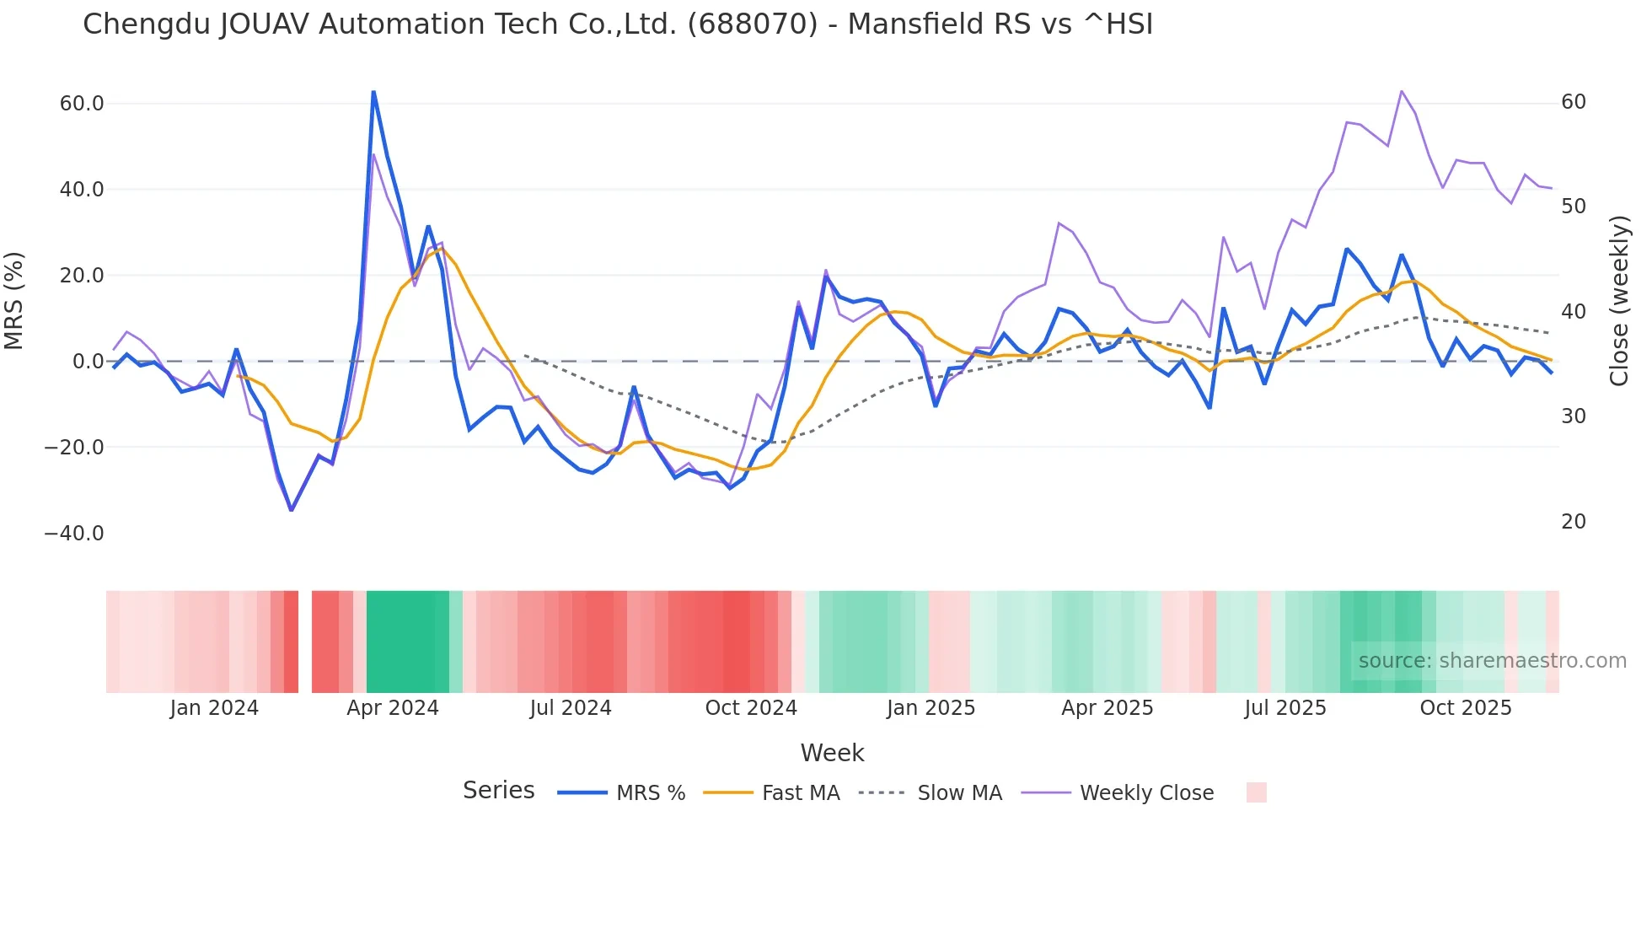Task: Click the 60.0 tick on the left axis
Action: [x=82, y=104]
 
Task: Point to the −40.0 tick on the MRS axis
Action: [x=74, y=534]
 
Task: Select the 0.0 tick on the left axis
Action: [x=88, y=362]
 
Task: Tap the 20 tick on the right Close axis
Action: [x=1574, y=522]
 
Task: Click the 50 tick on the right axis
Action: [x=1574, y=207]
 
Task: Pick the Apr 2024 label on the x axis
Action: [x=393, y=708]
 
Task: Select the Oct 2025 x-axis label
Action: [x=1466, y=708]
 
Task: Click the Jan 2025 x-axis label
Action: [x=931, y=708]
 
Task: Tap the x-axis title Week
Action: [x=832, y=753]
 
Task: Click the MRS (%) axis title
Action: [x=14, y=301]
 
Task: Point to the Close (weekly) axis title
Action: [x=1619, y=301]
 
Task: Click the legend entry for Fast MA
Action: [x=800, y=793]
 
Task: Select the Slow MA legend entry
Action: [x=959, y=793]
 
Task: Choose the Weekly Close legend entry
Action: [x=1146, y=793]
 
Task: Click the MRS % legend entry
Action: [x=650, y=793]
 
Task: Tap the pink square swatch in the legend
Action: [x=1256, y=792]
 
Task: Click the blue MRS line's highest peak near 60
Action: [x=373, y=92]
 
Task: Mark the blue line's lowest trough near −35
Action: [x=292, y=510]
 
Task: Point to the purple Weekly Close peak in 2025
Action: [x=1401, y=91]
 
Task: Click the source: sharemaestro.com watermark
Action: [x=1492, y=661]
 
